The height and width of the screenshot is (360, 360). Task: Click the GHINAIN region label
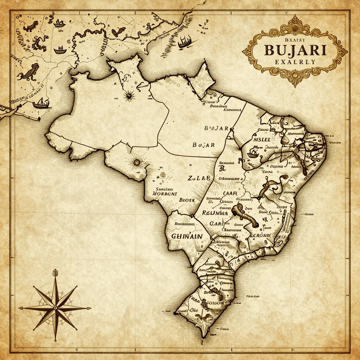[x=187, y=236]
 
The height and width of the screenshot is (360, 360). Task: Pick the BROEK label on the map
[x=187, y=199]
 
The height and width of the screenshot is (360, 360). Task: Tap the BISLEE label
[x=262, y=139]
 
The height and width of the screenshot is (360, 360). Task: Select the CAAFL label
[x=231, y=193]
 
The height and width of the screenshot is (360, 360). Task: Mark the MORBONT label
[x=165, y=193]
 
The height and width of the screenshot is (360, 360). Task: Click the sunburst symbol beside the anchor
[x=129, y=95]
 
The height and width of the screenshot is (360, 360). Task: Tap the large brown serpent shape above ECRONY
[x=246, y=214]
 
